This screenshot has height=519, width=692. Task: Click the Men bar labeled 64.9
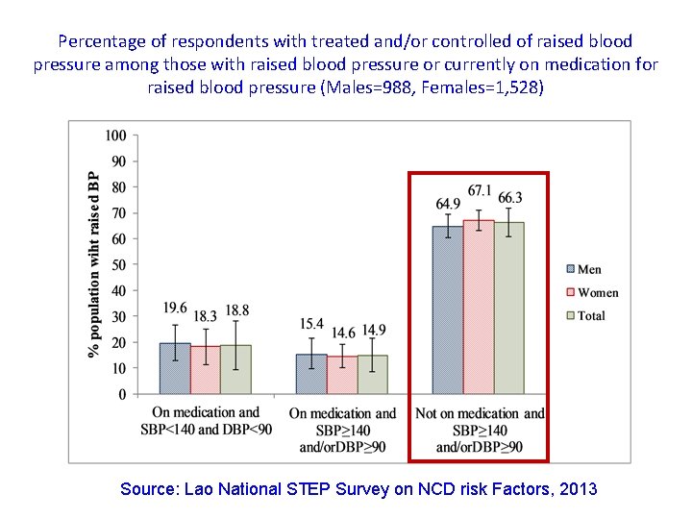[x=448, y=309]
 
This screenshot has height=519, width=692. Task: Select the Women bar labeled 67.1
[x=479, y=307]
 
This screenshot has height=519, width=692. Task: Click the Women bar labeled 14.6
[x=342, y=375]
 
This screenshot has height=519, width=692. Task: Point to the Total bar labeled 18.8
[x=235, y=369]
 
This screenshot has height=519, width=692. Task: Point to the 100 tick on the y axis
[x=116, y=136]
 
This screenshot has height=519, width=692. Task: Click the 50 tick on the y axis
[x=119, y=264]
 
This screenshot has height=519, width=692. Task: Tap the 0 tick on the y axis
[x=122, y=394]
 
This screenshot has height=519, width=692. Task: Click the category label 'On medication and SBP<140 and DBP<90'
[x=206, y=421]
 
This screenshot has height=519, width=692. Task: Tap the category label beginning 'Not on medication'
[x=479, y=430]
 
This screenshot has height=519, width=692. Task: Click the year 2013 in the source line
[x=578, y=489]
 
